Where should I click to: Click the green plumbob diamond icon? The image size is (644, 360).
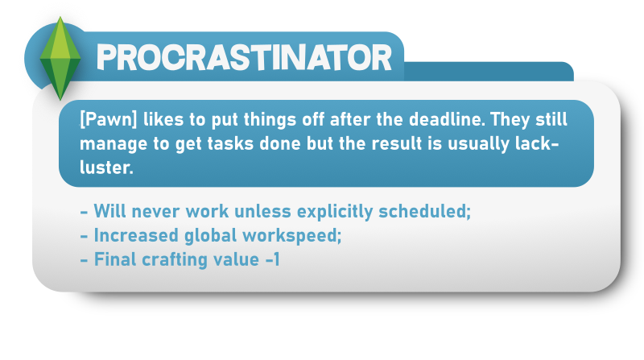click(x=60, y=58)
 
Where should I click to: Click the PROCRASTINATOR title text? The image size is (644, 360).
click(x=245, y=57)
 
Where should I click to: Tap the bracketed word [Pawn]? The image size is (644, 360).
click(x=109, y=120)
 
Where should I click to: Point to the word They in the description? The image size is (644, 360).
click(x=510, y=119)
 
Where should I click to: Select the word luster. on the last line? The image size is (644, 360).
click(x=106, y=168)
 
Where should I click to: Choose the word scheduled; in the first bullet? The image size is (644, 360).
click(x=425, y=212)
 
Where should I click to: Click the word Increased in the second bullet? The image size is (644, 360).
click(x=136, y=235)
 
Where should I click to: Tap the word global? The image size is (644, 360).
click(x=211, y=236)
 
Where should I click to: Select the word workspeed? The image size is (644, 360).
click(x=292, y=236)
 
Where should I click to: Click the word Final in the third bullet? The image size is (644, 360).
click(x=114, y=259)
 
